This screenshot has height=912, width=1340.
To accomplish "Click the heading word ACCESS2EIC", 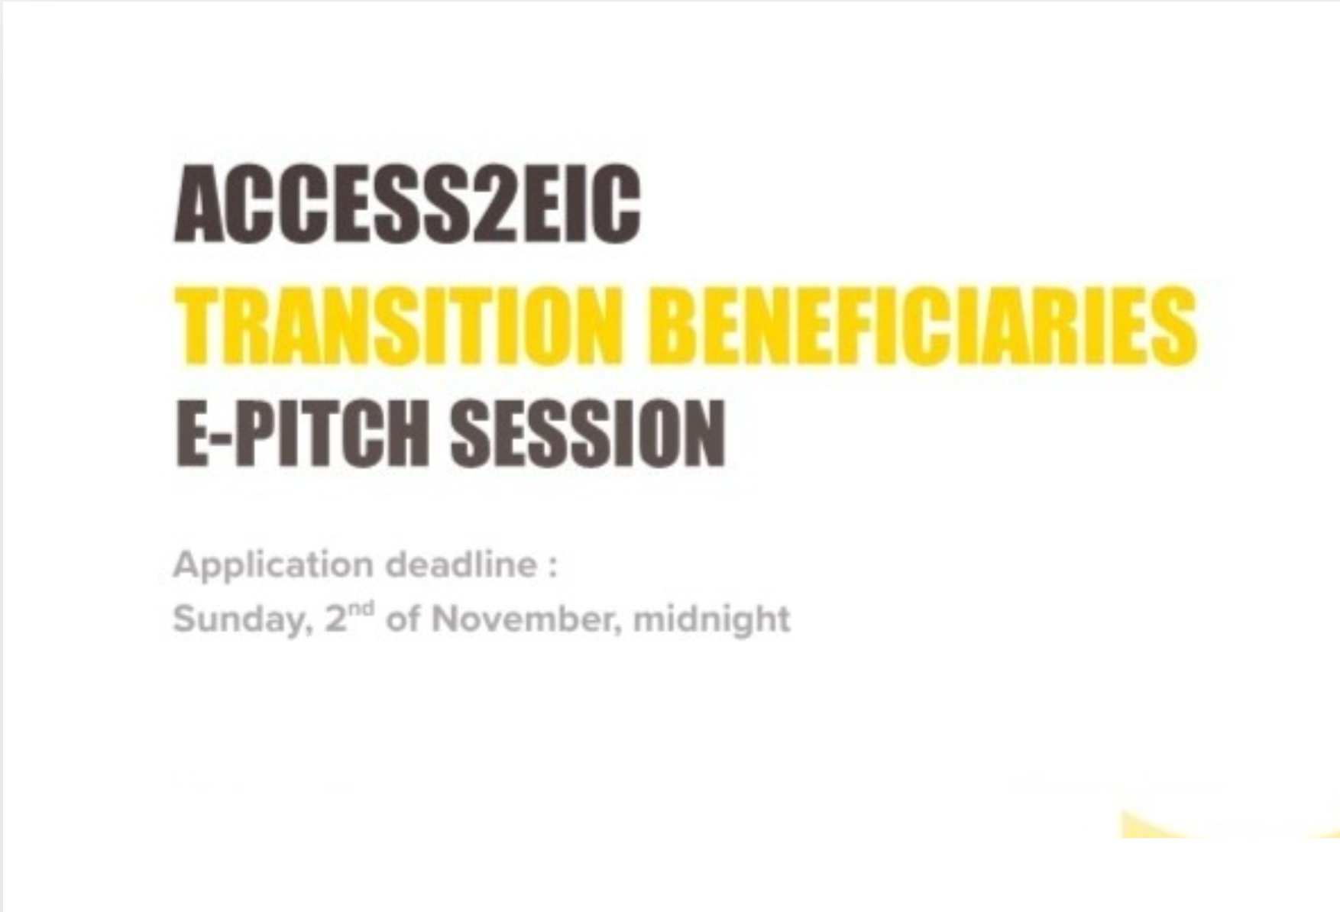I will [407, 205].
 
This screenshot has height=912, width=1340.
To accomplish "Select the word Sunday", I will [238, 619].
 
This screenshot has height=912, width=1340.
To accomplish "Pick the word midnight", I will [711, 619].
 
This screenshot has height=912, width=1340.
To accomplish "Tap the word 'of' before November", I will [403, 619].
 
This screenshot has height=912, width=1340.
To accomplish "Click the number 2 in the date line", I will [335, 619].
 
